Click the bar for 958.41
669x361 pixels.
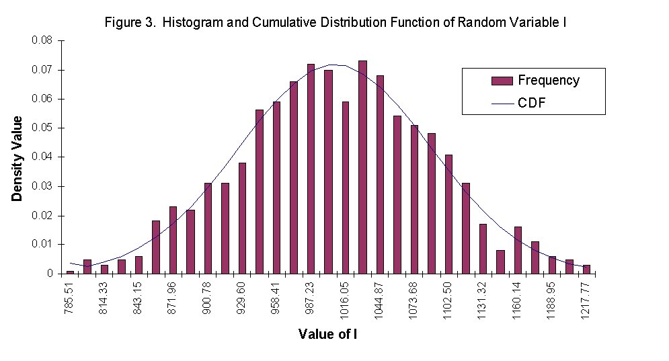[x=276, y=188]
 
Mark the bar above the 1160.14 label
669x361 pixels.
[x=518, y=250]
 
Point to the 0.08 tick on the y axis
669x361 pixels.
[x=42, y=40]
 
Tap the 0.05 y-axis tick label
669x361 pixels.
[x=42, y=128]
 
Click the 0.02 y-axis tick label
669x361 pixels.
[x=42, y=215]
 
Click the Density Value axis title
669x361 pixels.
[x=18, y=159]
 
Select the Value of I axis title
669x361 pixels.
[x=327, y=335]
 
